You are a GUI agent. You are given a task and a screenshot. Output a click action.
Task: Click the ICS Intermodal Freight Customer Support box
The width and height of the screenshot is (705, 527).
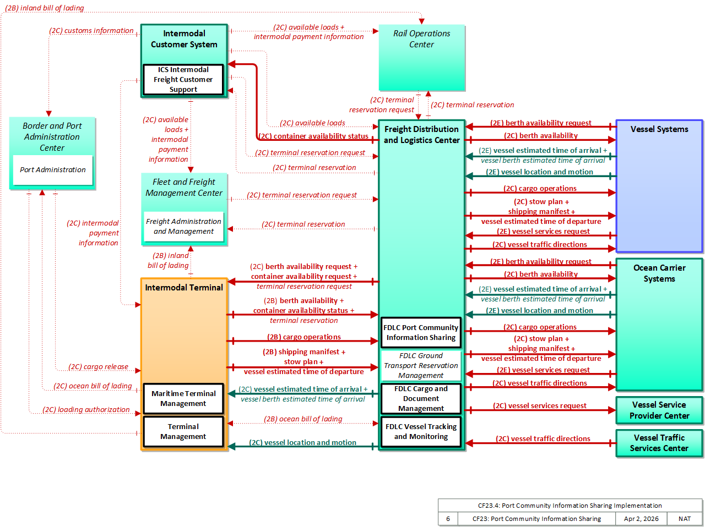tap(183, 79)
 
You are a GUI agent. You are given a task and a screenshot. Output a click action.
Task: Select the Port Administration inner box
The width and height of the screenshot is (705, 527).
tap(53, 169)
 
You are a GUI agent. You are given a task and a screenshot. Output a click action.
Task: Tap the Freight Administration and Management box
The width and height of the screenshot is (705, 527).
tap(183, 226)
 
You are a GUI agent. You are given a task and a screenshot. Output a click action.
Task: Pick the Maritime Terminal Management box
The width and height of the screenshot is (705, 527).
tap(183, 398)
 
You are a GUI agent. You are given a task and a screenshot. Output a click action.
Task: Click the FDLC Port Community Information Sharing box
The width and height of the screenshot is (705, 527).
tap(421, 332)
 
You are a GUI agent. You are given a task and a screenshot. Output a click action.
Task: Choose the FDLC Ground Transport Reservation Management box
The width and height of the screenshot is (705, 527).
tap(421, 365)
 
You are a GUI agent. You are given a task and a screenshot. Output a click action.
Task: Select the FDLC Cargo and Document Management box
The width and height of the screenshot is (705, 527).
tap(421, 398)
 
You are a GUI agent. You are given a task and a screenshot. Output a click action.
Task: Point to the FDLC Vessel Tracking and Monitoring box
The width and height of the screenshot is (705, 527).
tap(421, 431)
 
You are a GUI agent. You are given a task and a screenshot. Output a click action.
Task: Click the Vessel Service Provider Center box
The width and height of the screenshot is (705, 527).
tap(659, 410)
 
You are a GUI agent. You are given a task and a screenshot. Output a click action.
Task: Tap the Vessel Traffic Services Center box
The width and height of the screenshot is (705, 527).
tap(659, 443)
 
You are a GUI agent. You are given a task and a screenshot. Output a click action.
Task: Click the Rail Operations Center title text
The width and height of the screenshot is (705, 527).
tap(421, 39)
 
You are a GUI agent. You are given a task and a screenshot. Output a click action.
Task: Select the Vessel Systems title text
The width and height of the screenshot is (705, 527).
tap(659, 129)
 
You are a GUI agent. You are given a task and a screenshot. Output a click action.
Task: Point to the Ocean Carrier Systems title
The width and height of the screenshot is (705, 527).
tap(659, 273)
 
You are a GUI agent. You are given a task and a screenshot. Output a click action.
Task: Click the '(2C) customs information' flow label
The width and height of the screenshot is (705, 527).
tap(91, 30)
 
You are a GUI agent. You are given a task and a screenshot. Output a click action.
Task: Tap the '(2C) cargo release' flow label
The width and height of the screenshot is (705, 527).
tap(98, 366)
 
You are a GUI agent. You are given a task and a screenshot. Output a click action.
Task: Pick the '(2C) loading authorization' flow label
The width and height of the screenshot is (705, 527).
tap(86, 409)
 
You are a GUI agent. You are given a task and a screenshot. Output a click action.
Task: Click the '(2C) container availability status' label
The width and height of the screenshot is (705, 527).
tap(314, 136)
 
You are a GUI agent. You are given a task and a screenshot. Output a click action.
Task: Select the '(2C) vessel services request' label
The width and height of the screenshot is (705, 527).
tap(540, 405)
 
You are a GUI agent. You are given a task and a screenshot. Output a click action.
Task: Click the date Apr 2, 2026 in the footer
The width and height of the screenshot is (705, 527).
tap(641, 519)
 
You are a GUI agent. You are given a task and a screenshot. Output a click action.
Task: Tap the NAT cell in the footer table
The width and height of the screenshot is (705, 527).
tap(685, 519)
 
